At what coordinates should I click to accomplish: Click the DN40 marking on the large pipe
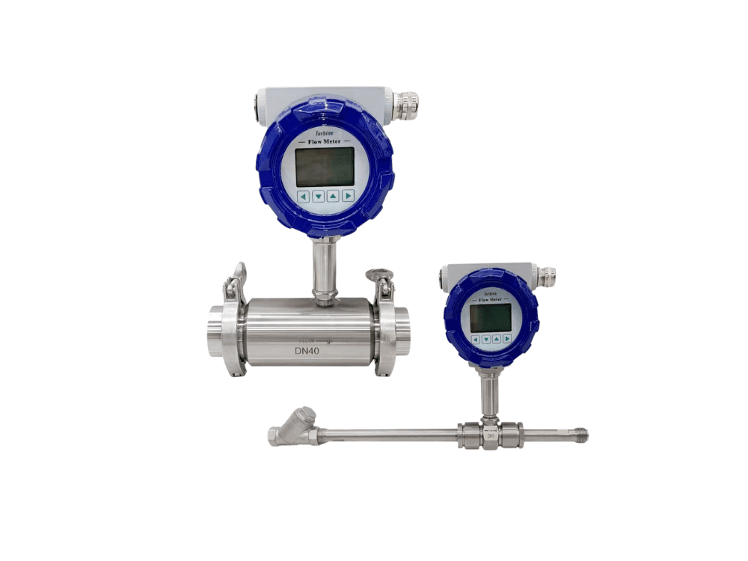[x=310, y=350]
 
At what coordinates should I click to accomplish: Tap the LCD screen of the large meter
[x=325, y=166]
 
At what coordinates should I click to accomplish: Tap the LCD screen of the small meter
[x=490, y=317]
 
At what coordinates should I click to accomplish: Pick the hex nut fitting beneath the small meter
[x=490, y=434]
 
